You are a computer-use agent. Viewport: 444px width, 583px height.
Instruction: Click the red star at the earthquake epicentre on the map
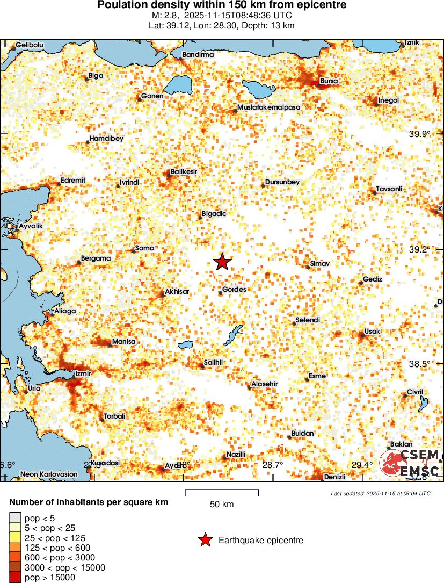[x=222, y=262]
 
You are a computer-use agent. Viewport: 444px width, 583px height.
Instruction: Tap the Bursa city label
[x=329, y=81]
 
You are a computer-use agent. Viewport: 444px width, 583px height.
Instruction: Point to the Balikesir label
[x=184, y=171]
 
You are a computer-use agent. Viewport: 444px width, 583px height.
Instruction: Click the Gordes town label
[x=235, y=289]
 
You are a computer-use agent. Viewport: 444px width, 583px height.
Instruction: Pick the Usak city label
[x=372, y=332]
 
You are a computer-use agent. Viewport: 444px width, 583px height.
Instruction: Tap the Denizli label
[x=334, y=477]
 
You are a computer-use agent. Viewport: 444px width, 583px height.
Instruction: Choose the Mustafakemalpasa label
[x=269, y=107]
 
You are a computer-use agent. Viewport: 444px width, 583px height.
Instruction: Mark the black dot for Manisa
[x=110, y=345]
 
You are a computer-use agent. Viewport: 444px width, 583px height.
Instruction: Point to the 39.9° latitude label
[x=420, y=134]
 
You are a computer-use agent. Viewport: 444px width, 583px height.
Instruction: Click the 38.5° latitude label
[x=419, y=364]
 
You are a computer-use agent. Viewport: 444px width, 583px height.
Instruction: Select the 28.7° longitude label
[x=273, y=465]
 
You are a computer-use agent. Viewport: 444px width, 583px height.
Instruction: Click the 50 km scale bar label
[x=222, y=504]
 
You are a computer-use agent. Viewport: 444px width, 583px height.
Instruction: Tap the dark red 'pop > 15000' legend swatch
[x=14, y=578]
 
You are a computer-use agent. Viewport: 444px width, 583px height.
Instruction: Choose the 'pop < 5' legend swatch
[x=14, y=517]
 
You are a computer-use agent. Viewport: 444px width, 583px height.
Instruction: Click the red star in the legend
[x=205, y=541]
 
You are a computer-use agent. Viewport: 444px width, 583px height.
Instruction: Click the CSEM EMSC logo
[x=410, y=463]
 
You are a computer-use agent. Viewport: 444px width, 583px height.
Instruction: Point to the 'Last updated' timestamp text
[x=380, y=493]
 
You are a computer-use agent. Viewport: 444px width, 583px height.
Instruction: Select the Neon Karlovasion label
[x=49, y=474]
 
